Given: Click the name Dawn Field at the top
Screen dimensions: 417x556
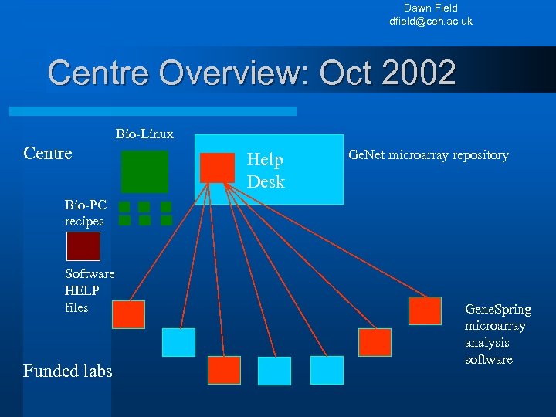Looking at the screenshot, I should tap(431, 8).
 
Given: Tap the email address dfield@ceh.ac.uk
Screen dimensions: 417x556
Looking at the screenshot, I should tap(431, 21).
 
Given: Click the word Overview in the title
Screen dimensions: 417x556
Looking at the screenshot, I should tap(213, 73).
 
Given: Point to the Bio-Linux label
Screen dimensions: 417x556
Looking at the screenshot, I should tap(144, 134).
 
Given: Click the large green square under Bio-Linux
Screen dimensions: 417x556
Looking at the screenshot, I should tap(144, 171).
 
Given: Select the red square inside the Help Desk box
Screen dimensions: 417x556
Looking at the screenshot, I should tap(217, 168).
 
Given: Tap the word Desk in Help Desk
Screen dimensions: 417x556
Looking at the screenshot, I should tap(266, 182).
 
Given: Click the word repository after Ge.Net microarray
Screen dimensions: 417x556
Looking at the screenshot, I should tap(476, 155).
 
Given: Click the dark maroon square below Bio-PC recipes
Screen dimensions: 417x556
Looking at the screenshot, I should tap(83, 246).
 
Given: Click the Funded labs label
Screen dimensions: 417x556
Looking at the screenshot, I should tap(68, 371).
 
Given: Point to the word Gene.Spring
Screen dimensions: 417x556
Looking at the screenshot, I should tap(498, 310).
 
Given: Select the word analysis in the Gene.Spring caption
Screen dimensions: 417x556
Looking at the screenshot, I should tap(488, 343).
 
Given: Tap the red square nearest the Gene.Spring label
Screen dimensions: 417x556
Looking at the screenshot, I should tap(425, 310).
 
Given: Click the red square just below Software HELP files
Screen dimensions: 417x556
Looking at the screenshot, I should tap(128, 315).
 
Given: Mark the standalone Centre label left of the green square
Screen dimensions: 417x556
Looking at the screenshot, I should tap(48, 153).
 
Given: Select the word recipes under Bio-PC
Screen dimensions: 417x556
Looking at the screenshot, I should tap(84, 222).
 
